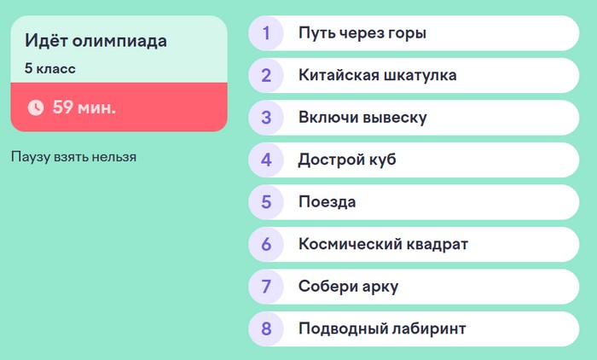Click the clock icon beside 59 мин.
(x=36, y=107)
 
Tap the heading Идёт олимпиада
(x=95, y=41)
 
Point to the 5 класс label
(x=50, y=68)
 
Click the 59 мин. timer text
(x=84, y=107)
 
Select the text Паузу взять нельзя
(x=73, y=157)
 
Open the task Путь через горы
(x=362, y=33)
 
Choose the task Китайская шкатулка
(x=377, y=75)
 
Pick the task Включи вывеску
(x=362, y=118)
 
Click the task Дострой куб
(x=347, y=160)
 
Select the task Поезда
(x=327, y=202)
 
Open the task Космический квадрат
(x=383, y=245)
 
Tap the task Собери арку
(x=348, y=287)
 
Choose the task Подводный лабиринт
(x=382, y=329)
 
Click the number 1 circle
(x=266, y=33)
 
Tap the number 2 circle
(x=266, y=75)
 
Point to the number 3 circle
(x=266, y=118)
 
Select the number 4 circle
(x=266, y=160)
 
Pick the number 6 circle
(x=266, y=245)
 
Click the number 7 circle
(x=266, y=287)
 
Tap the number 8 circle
(x=266, y=329)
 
